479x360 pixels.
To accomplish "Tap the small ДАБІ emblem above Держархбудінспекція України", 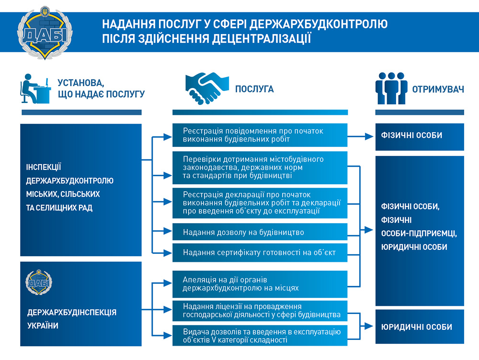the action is (38, 282).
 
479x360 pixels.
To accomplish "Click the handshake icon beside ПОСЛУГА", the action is (207, 88).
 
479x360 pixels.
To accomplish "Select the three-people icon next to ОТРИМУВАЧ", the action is (391, 88).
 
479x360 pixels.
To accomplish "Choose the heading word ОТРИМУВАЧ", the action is (438, 89).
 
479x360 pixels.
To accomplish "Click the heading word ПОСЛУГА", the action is (254, 89).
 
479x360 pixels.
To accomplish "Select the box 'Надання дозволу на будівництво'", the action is (260, 232).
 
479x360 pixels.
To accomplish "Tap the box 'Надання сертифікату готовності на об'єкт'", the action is (260, 252).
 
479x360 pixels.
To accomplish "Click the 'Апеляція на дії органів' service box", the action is (260, 284).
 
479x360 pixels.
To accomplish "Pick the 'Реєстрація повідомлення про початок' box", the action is (260, 135).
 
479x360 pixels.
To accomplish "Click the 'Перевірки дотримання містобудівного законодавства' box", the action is (260, 168).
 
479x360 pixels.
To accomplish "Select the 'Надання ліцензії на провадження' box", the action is (260, 311).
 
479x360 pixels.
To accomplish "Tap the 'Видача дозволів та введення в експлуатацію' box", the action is (260, 336).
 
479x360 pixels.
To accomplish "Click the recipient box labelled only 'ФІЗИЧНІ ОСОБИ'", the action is (420, 137).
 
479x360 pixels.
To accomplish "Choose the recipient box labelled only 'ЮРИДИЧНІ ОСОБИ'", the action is (420, 326).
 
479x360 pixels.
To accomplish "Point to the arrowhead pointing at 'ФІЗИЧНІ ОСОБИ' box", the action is (369, 136).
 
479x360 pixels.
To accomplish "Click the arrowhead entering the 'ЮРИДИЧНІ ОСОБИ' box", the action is (369, 326).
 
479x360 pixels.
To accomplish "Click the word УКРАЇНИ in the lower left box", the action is (43, 326).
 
